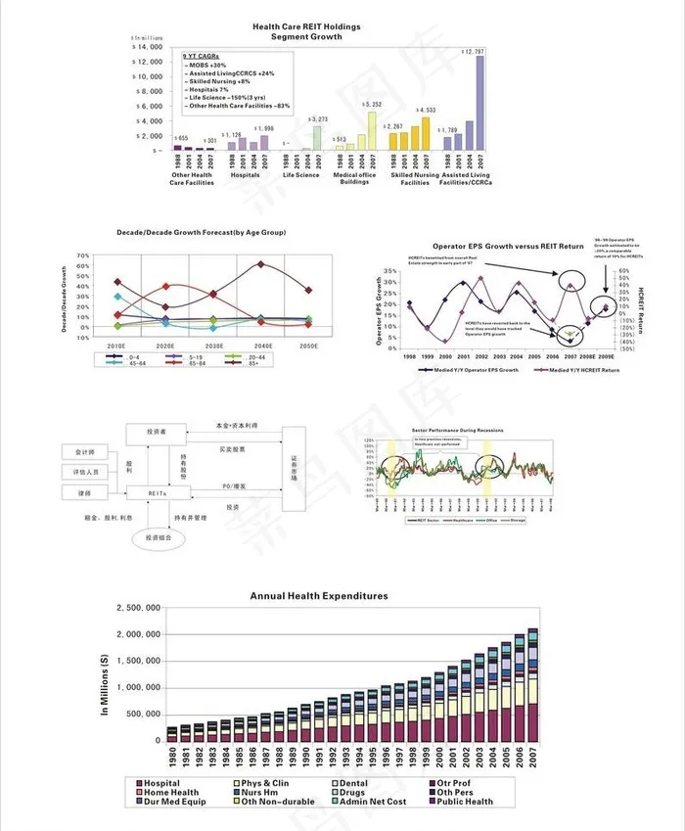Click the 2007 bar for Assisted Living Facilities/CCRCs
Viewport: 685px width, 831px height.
tap(479, 103)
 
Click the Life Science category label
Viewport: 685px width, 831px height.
tap(300, 175)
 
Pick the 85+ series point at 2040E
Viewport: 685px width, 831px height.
tap(260, 264)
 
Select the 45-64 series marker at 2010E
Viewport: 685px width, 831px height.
tap(117, 296)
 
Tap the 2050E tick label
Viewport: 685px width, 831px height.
tap(308, 346)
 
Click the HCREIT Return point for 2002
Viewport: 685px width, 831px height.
tap(480, 279)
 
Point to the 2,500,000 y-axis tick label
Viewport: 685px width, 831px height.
tap(138, 608)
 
